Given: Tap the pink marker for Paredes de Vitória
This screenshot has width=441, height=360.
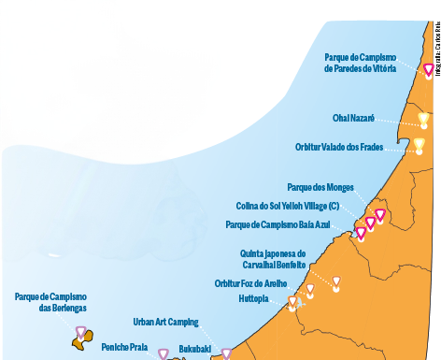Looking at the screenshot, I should [x=428, y=69].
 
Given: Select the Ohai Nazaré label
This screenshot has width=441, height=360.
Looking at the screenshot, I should [x=353, y=119].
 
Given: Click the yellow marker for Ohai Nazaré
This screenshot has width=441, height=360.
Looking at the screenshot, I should [x=423, y=120].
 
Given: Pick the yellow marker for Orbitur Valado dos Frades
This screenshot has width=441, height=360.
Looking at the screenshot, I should [x=419, y=145].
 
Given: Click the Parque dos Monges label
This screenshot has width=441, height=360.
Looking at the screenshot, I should [x=320, y=187].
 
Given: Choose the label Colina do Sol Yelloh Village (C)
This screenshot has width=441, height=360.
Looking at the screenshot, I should [x=288, y=206].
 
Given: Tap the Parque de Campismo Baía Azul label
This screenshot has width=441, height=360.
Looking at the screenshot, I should [x=277, y=224].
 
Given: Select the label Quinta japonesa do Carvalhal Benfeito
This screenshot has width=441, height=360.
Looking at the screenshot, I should [x=273, y=259].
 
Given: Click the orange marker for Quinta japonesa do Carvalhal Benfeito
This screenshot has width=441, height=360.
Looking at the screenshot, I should [x=335, y=281].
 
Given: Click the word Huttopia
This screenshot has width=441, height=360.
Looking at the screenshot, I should [x=253, y=299].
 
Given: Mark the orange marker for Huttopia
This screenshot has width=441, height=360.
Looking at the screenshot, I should [x=292, y=302].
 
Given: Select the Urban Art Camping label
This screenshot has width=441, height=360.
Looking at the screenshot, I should [x=165, y=322].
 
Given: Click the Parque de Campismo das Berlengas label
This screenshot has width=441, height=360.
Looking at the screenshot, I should [x=50, y=302].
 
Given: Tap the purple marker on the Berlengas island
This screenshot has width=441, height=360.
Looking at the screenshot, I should [x=81, y=331].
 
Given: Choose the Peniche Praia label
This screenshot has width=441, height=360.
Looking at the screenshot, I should [x=124, y=346].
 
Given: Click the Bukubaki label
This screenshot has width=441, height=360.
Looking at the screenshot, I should [x=195, y=349].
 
